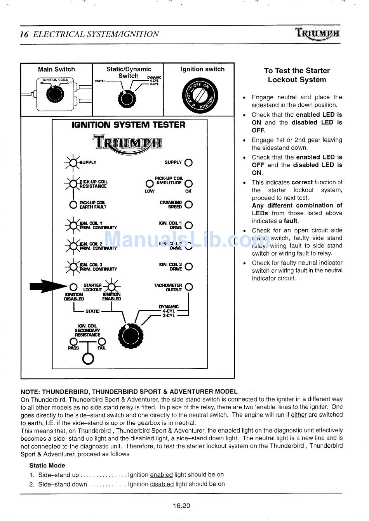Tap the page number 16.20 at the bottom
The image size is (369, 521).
(182, 505)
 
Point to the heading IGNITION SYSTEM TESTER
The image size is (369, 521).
(129, 125)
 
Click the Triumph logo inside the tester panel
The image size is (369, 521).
(127, 142)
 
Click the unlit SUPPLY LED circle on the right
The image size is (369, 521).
(189, 163)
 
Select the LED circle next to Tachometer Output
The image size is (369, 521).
(189, 287)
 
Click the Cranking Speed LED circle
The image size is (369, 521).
(189, 204)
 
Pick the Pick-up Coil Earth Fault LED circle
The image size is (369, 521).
(73, 204)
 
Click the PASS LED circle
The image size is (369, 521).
(73, 342)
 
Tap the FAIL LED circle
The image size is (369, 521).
(102, 342)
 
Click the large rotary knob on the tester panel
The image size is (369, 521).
(130, 336)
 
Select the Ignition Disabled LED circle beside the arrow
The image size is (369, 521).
(73, 287)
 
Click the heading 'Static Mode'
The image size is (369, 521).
(47, 466)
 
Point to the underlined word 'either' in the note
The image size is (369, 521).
(299, 415)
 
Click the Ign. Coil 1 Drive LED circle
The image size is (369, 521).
(189, 225)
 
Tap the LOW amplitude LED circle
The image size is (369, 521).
(149, 183)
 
